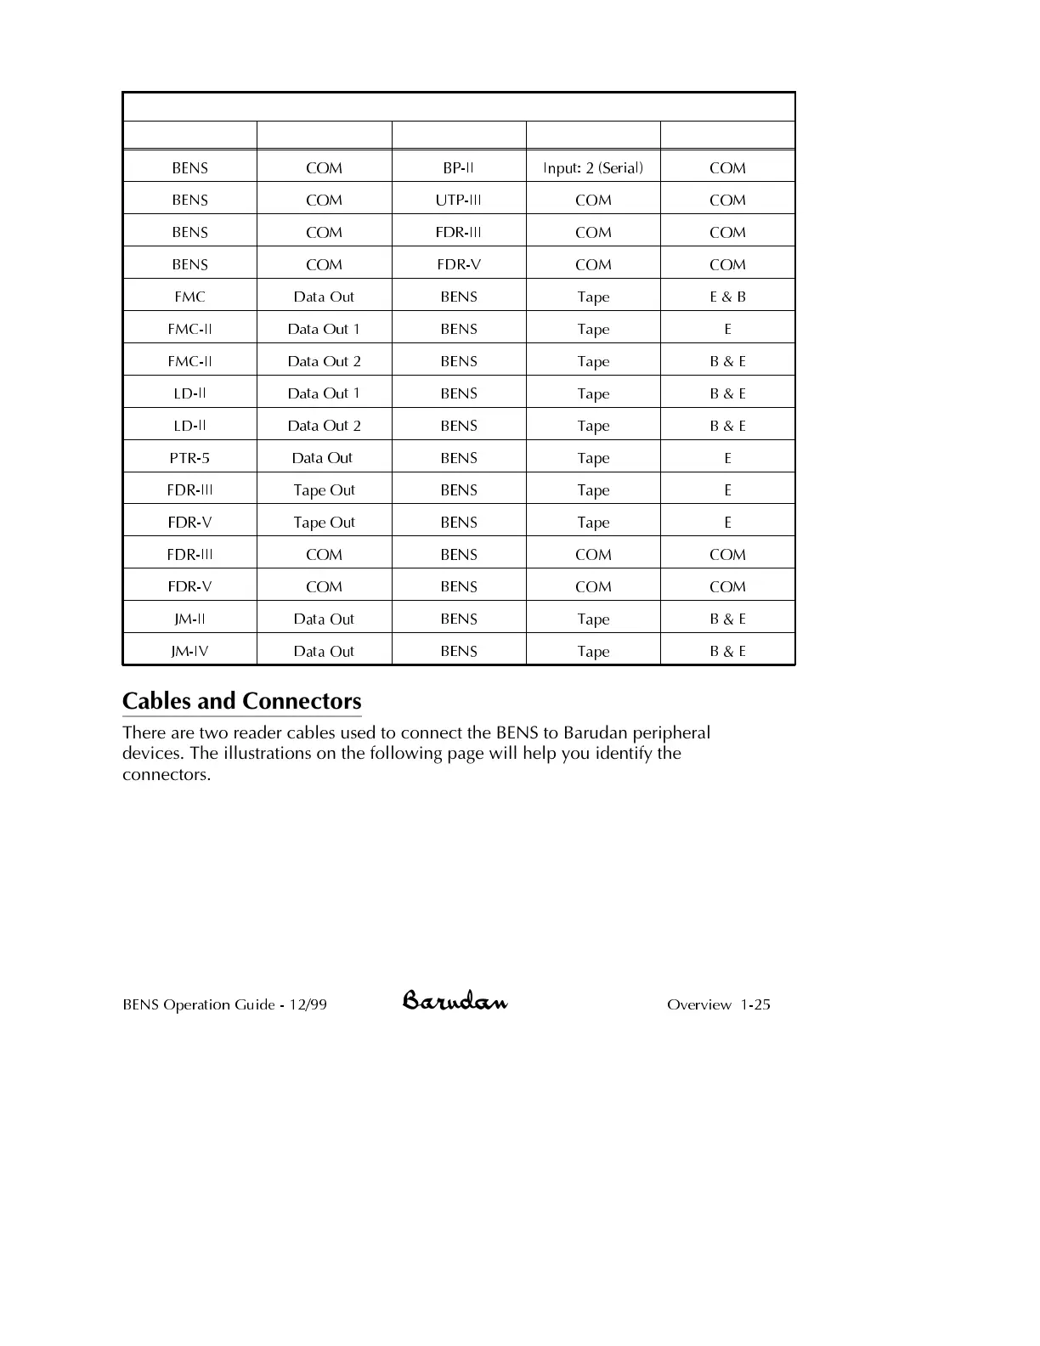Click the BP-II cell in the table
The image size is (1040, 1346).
pos(459,167)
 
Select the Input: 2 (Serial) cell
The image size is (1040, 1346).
pos(593,167)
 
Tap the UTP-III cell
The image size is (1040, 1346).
pos(459,200)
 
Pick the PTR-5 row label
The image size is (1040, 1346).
pos(189,458)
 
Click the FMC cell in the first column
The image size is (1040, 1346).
pos(189,297)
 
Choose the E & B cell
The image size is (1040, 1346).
pos(727,297)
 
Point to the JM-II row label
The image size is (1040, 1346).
pos(189,619)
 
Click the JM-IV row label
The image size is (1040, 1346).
pos(189,651)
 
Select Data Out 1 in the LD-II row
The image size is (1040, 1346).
pos(324,393)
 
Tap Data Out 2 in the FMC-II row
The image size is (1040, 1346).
pos(324,361)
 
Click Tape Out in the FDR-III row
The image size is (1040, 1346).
pos(324,490)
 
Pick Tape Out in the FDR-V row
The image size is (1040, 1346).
pos(324,523)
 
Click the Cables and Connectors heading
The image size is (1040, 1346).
pos(242,701)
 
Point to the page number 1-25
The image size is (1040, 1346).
pos(755,1004)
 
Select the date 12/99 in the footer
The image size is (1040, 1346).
pos(308,1004)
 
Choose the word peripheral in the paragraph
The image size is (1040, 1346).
pos(671,733)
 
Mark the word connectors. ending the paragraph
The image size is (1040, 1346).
pos(167,775)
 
